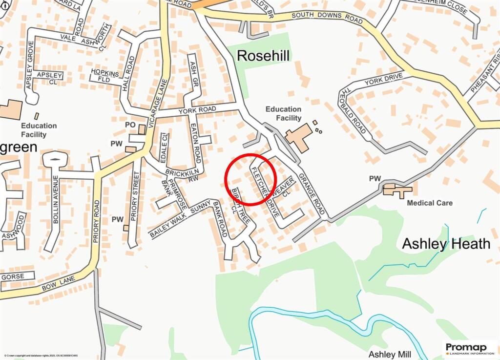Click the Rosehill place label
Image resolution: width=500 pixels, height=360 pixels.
[263, 56]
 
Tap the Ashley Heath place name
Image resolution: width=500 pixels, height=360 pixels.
[446, 244]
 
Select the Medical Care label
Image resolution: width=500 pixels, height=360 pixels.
[430, 203]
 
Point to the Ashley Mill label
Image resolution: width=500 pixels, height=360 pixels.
[390, 354]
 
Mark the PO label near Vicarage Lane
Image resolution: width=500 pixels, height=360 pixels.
[130, 125]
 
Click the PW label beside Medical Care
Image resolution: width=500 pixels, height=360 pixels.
[375, 179]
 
